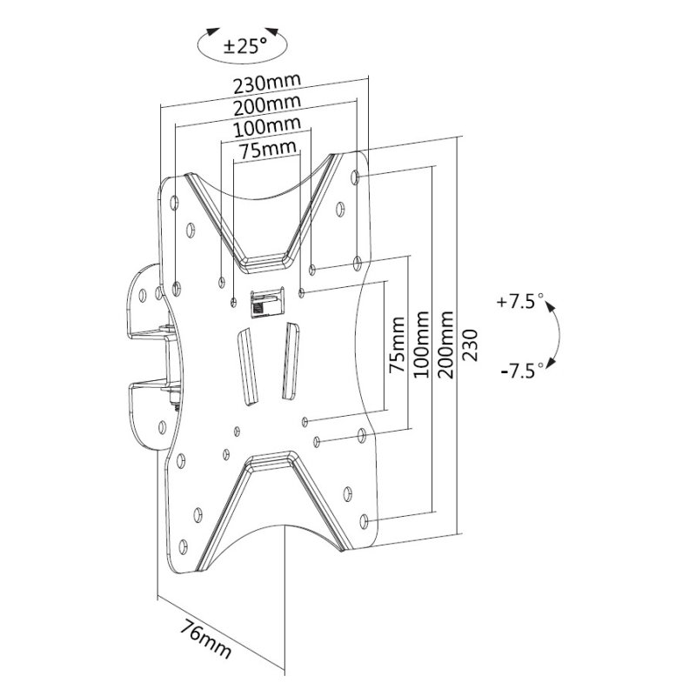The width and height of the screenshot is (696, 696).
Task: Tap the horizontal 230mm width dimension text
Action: (267, 84)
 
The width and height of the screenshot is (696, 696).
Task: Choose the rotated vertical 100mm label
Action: (422, 348)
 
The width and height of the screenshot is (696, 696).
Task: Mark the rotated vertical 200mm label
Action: (447, 348)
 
